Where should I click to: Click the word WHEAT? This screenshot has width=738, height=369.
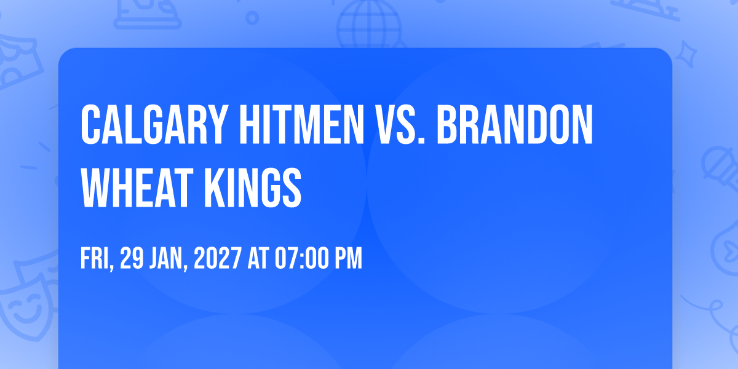137,188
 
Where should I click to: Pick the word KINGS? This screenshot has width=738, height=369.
253,188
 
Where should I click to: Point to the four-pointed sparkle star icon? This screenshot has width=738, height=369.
686,54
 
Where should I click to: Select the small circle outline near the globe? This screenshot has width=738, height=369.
252,18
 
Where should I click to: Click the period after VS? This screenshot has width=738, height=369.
421,141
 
